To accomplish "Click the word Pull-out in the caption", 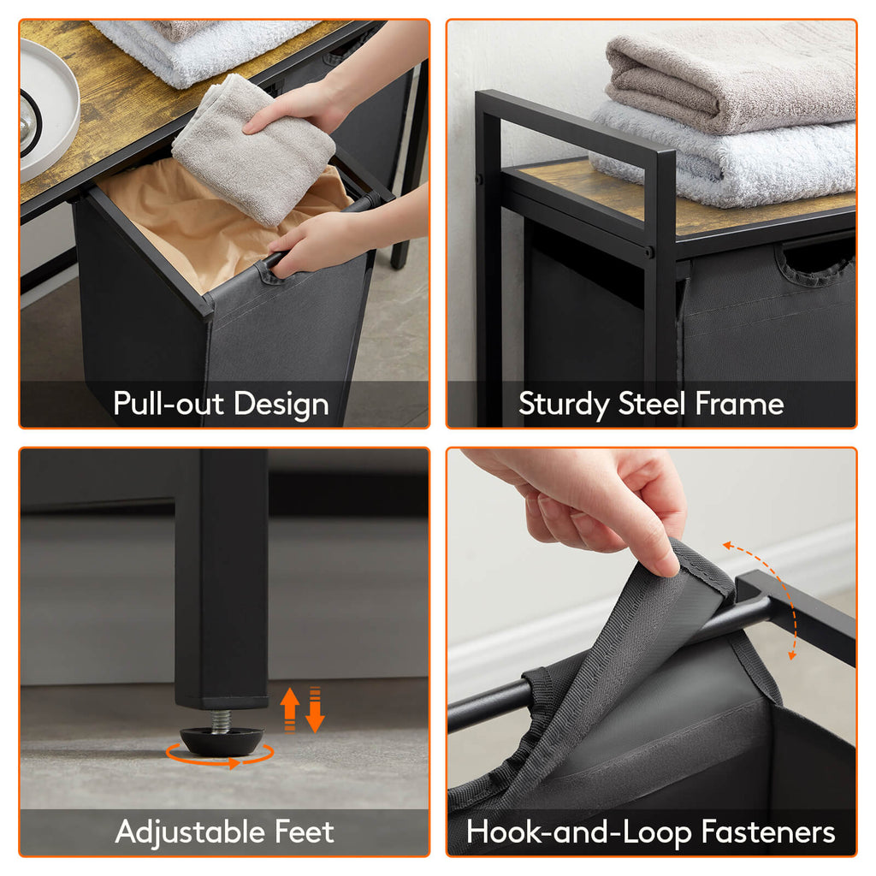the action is point(169,403).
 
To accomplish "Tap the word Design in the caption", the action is point(281,405).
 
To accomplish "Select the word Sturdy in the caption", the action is point(564,405).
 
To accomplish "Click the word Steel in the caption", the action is point(651,403).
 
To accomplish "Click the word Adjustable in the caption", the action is point(190,832).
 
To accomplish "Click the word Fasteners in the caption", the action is point(768,831).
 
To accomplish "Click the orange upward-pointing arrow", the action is point(289,708).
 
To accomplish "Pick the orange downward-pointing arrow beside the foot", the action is point(315,709).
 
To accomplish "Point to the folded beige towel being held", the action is point(254,150).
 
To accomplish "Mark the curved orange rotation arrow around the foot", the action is point(220,759).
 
